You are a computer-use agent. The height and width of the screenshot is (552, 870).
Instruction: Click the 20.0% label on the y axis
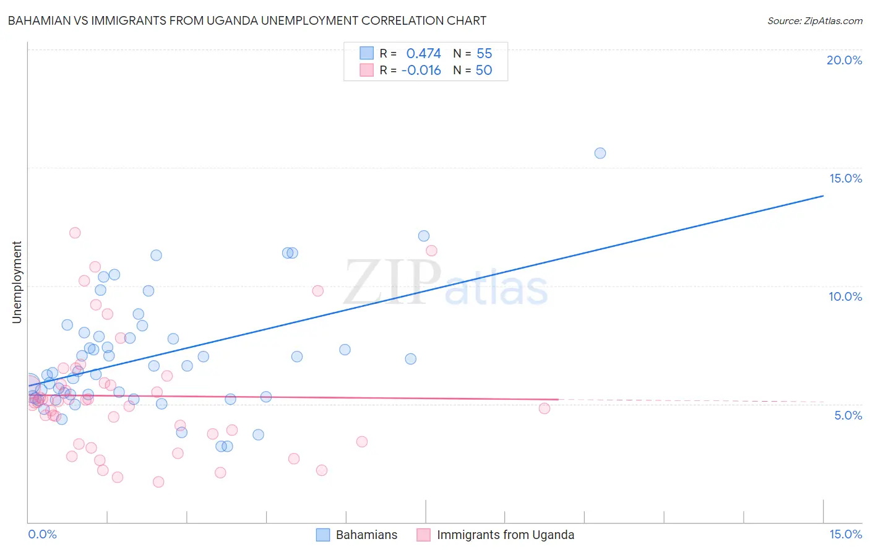(x=844, y=60)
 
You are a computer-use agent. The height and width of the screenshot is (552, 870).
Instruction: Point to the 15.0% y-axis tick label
(x=845, y=178)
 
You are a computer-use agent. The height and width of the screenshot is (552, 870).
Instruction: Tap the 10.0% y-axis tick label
(x=845, y=296)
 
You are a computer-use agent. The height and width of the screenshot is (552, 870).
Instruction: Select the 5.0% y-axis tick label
(x=848, y=415)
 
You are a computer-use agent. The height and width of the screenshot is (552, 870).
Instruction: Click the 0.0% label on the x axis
(x=42, y=534)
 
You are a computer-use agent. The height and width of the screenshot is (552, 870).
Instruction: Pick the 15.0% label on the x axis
(x=845, y=534)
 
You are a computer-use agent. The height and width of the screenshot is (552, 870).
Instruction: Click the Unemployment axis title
(x=17, y=282)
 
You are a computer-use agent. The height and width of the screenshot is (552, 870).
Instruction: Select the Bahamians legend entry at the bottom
(x=366, y=535)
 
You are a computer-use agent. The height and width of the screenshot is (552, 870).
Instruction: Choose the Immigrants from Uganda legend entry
(x=505, y=535)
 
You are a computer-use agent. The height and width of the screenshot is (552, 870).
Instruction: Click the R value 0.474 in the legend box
(x=423, y=54)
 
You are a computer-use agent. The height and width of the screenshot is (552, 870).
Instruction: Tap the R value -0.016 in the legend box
(x=421, y=71)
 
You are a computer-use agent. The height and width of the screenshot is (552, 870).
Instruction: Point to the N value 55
(x=484, y=54)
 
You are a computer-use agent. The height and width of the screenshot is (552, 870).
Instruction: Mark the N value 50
(x=484, y=71)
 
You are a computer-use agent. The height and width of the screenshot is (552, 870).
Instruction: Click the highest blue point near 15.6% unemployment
(x=600, y=153)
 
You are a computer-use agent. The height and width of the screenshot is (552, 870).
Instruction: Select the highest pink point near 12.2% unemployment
(x=75, y=233)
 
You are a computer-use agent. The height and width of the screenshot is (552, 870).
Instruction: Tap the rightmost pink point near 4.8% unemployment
(x=545, y=408)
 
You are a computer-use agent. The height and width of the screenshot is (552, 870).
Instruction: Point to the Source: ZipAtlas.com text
(x=814, y=20)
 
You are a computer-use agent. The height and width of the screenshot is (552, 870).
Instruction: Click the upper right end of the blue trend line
(x=823, y=196)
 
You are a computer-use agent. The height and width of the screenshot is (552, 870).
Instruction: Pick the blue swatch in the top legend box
(x=366, y=53)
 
